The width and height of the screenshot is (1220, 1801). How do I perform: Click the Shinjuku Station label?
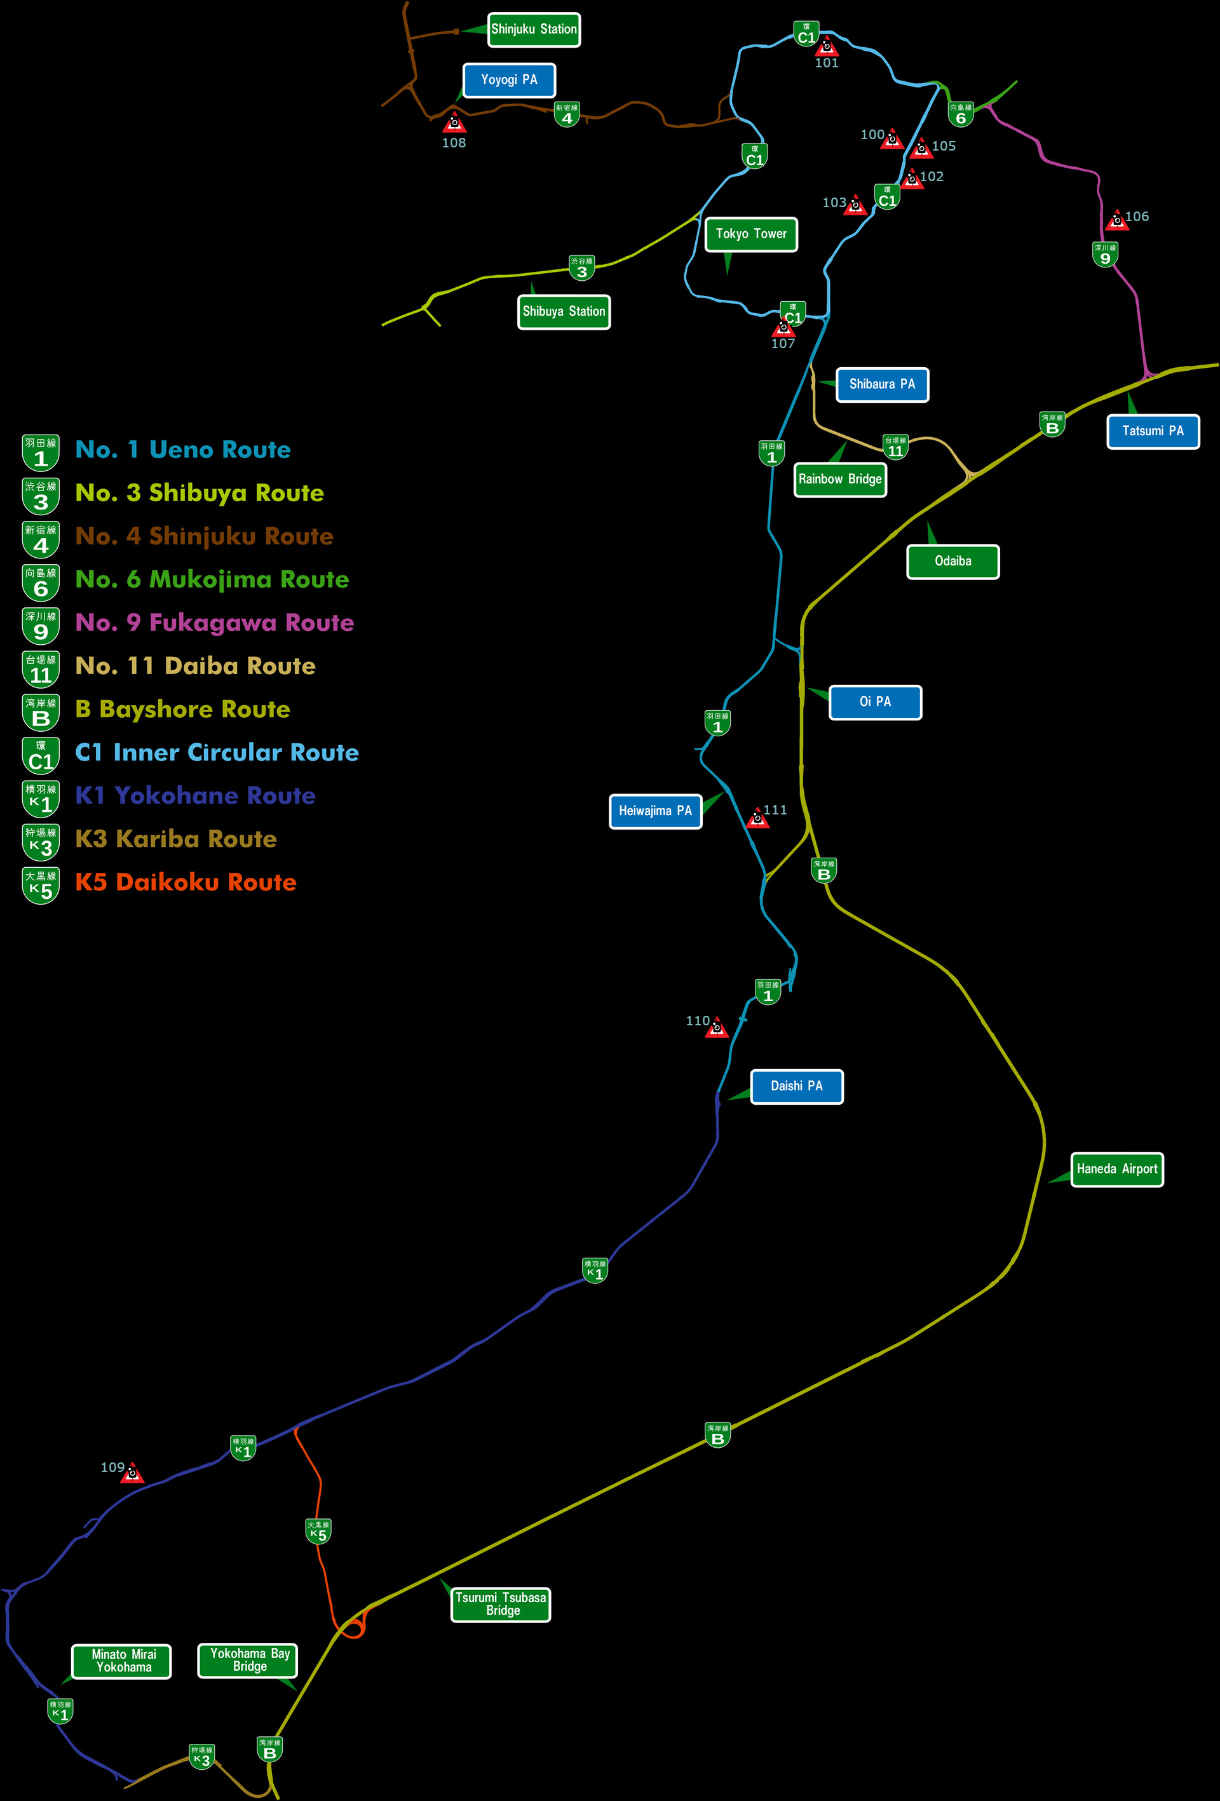click(x=533, y=29)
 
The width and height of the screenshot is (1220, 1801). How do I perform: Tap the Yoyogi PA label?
click(x=509, y=80)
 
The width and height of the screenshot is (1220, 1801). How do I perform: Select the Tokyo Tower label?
click(x=750, y=234)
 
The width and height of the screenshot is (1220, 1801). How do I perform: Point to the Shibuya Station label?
click(x=564, y=311)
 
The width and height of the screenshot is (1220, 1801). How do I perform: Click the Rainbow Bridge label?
click(x=840, y=479)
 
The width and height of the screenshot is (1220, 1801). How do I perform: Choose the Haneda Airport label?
click(x=1116, y=1170)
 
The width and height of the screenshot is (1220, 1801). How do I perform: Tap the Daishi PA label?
click(x=796, y=1086)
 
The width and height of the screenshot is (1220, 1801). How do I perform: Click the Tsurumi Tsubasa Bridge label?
click(x=501, y=1603)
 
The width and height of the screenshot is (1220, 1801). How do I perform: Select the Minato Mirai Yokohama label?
click(x=122, y=1661)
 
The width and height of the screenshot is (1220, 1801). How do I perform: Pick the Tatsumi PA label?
click(x=1153, y=431)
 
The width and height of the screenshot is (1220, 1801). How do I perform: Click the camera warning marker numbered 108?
click(x=454, y=123)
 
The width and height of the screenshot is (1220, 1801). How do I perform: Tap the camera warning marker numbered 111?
click(x=757, y=818)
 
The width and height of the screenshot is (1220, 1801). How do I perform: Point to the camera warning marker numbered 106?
click(x=1117, y=220)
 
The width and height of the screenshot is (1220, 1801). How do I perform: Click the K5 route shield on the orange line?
click(x=318, y=1531)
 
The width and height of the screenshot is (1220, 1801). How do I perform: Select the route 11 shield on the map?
click(x=895, y=447)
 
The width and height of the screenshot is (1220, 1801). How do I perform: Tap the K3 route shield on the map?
click(x=201, y=1756)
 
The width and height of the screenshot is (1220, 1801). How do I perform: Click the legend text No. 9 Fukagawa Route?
click(x=214, y=623)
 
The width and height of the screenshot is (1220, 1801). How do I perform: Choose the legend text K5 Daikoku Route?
click(x=186, y=882)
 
